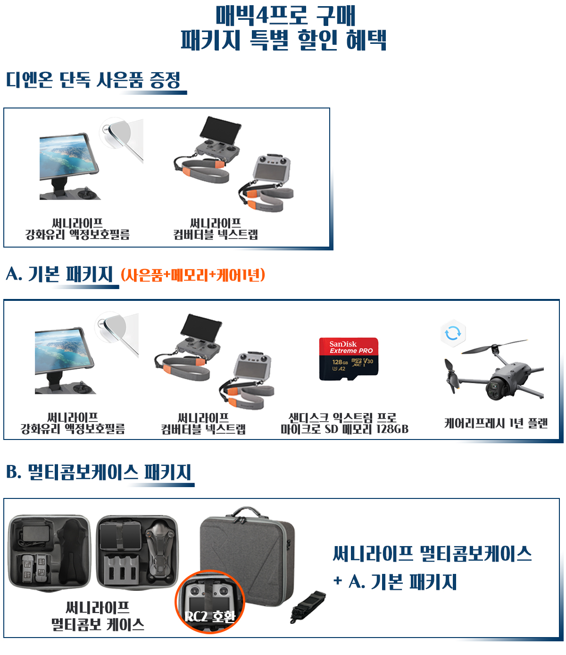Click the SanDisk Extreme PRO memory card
tap(349, 359)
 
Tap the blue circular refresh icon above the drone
tap(453, 333)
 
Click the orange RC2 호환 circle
tap(210, 602)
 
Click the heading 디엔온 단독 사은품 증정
tap(93, 80)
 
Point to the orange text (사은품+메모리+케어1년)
tap(193, 274)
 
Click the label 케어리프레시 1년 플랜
tap(496, 423)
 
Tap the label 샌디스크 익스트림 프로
tap(342, 418)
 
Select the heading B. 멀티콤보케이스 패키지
tap(99, 472)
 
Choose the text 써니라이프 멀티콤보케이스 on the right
tap(432, 554)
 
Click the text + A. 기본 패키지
tap(395, 582)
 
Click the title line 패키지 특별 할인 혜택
tap(283, 40)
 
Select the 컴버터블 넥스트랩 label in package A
tap(203, 429)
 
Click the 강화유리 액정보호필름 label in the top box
tap(77, 234)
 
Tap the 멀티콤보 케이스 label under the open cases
tap(98, 624)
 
